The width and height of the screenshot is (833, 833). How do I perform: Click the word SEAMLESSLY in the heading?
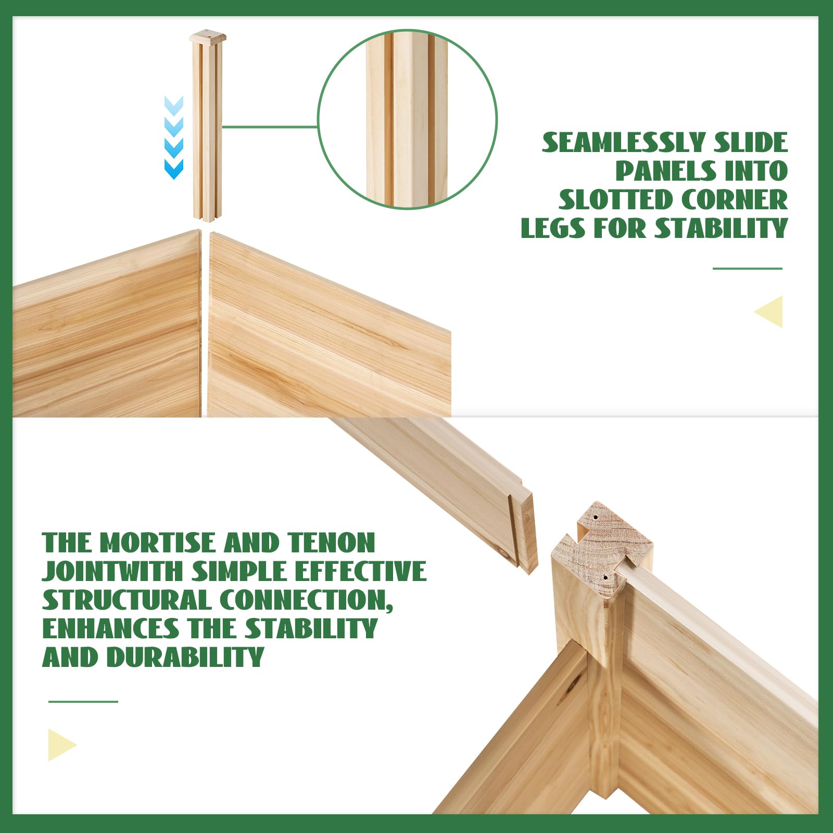tap(623, 143)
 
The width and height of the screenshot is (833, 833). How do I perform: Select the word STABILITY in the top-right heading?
tap(721, 228)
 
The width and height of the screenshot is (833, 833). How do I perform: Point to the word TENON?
tap(331, 542)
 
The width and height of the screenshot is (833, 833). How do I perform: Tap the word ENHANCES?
tap(110, 628)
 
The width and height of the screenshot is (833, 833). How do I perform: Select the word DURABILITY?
tap(185, 657)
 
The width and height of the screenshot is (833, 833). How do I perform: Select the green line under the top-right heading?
tap(748, 269)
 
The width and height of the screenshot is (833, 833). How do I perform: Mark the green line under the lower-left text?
tap(83, 701)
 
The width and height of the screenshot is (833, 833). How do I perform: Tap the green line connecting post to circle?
tap(270, 127)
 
